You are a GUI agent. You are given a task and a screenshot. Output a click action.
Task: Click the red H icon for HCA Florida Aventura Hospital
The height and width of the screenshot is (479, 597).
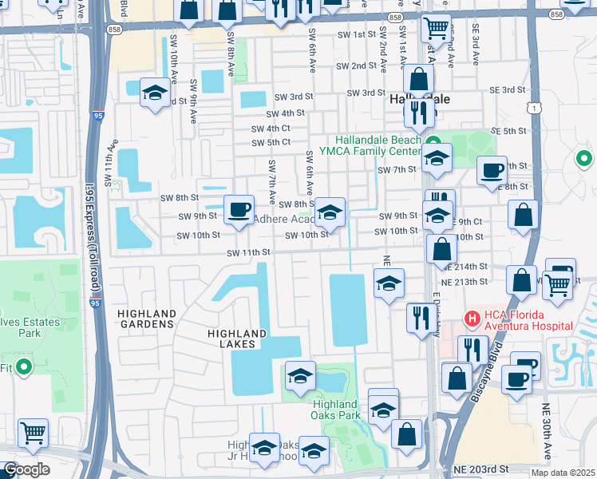[472, 319]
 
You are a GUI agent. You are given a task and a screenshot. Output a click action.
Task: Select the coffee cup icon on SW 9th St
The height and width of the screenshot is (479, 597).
[238, 210]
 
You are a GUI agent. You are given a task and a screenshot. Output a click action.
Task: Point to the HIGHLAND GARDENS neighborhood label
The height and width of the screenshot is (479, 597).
[146, 319]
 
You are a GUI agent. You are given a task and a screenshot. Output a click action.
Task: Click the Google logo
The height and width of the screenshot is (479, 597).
[26, 469]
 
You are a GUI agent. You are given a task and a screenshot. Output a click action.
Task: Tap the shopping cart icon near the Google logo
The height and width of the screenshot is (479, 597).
[33, 433]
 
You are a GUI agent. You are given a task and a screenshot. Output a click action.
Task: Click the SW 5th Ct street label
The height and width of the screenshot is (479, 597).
[270, 143]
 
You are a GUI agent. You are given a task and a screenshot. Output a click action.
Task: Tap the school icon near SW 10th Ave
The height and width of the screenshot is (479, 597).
[155, 93]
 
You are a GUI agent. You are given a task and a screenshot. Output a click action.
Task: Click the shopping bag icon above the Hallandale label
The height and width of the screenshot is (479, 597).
[418, 79]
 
